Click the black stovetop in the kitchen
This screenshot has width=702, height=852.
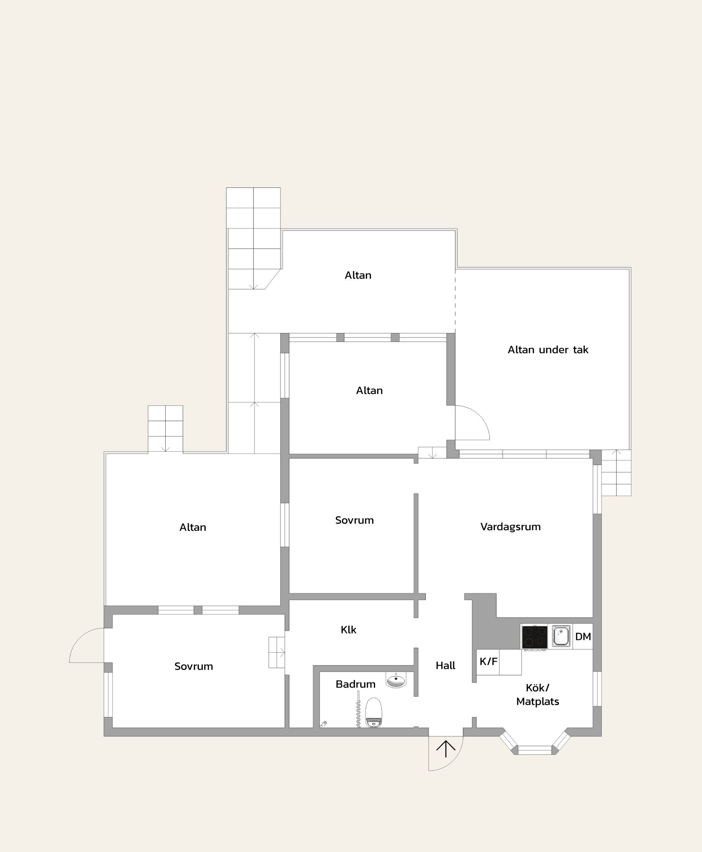(534, 637)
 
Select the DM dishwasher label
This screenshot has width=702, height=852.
(583, 637)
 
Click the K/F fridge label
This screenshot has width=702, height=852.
(488, 661)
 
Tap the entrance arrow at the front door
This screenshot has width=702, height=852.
(446, 749)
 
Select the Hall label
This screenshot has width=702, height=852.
(445, 665)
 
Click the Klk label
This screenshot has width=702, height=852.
(348, 630)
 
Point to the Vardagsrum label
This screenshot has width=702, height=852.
(510, 527)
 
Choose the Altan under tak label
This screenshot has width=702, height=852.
(548, 350)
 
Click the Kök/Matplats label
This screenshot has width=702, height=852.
(537, 695)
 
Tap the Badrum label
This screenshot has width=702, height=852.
(355, 684)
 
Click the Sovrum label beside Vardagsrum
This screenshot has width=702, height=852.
(354, 520)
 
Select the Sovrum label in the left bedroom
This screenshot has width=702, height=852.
(194, 666)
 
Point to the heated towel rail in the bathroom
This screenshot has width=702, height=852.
(358, 710)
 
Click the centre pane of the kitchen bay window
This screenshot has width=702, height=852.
(535, 750)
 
